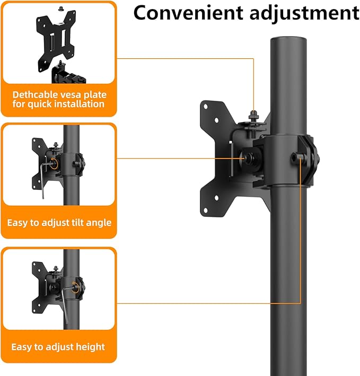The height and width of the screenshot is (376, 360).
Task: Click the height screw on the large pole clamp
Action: [x=301, y=157]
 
